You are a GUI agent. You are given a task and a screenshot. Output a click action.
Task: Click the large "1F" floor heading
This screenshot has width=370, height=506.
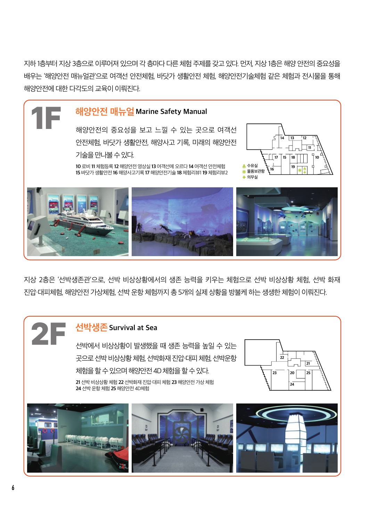tap(46, 118)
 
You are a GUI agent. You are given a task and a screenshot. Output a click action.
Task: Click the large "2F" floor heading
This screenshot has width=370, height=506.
tap(48, 334)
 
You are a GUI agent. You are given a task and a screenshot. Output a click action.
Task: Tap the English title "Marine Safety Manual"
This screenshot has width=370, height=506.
tap(171, 112)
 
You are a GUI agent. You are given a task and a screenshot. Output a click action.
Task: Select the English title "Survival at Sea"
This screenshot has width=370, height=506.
tap(133, 328)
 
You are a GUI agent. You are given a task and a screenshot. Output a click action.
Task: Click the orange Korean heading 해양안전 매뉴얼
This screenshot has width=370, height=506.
tap(105, 112)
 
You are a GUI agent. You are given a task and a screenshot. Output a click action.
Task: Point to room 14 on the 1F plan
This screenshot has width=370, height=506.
tap(282, 138)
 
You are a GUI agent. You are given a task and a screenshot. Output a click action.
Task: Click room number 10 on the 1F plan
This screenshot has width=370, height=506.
tap(317, 157)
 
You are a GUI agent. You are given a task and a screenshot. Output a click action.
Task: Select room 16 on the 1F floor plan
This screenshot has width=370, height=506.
tap(272, 169)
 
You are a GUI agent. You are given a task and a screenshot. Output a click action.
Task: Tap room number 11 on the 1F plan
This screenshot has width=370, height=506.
tap(309, 148)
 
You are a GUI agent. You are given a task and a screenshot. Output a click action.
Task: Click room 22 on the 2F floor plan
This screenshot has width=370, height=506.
tap(282, 358)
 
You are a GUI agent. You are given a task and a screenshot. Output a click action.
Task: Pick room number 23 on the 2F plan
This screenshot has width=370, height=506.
tap(274, 373)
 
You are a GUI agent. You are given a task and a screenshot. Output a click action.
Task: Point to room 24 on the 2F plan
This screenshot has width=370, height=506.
tap(292, 384)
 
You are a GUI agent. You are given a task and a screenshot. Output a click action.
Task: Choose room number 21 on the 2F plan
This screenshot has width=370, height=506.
tap(308, 364)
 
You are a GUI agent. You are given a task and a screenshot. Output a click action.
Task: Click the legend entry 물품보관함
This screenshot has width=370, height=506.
tap(256, 171)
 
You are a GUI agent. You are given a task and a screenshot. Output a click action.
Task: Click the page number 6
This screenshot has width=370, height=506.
tap(13, 488)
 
